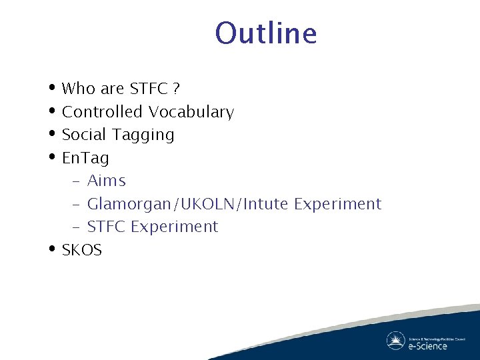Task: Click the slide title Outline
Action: (266, 33)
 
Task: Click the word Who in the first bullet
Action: (78, 89)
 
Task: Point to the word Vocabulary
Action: (191, 112)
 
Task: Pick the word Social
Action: (84, 135)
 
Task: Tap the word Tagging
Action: (143, 135)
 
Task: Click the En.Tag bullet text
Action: (85, 158)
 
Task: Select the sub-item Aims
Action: (107, 181)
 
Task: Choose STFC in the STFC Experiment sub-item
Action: (107, 227)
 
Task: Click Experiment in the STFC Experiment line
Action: (175, 227)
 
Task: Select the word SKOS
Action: (81, 250)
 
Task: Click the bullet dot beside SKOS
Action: (52, 249)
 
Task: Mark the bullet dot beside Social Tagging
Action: (52, 134)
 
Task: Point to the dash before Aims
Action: (75, 181)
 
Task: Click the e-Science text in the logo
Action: (428, 346)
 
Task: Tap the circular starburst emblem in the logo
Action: (395, 341)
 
